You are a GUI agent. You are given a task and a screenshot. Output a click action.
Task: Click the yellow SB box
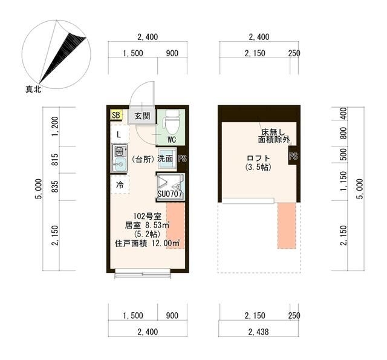[x=116, y=115]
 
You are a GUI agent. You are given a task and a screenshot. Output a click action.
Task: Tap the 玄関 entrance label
[x=143, y=116]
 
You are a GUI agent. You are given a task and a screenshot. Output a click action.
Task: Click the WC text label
[x=172, y=140]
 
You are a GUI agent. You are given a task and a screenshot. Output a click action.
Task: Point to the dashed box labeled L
[x=120, y=134]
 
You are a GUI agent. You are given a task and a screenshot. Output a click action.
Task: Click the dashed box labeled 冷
[x=120, y=185]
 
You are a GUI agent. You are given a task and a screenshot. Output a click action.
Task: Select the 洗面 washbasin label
[x=165, y=159]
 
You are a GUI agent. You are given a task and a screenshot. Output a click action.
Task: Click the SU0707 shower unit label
[x=170, y=194]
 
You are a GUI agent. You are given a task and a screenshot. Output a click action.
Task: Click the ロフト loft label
[x=258, y=158]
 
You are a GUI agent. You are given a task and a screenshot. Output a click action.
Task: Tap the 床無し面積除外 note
[x=273, y=136]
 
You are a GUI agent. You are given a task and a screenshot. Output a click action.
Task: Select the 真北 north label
[x=33, y=89]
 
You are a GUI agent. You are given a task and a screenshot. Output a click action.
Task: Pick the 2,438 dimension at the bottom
[x=258, y=332]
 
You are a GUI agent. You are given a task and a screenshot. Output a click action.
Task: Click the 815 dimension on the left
[x=55, y=160]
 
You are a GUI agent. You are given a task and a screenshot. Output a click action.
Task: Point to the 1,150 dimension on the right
[x=343, y=182]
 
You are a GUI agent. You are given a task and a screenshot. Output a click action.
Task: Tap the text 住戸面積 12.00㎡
[x=148, y=243]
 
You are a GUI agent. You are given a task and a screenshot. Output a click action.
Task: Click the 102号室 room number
[x=148, y=216]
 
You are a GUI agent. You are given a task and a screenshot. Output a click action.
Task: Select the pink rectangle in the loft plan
[x=287, y=226]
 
